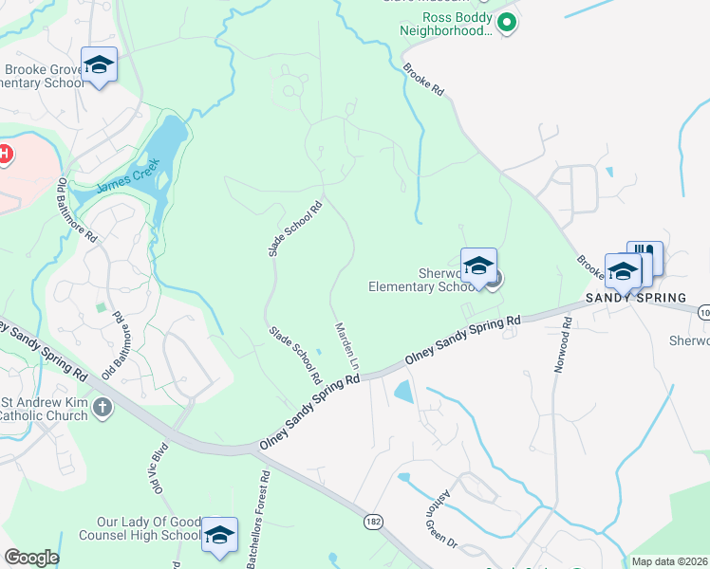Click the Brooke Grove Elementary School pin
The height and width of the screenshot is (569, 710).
(99, 65)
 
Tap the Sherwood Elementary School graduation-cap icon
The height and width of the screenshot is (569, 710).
(478, 266)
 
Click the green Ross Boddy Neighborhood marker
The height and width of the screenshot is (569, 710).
(507, 22)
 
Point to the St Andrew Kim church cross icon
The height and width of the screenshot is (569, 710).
(103, 407)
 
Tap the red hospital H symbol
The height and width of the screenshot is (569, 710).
(4, 153)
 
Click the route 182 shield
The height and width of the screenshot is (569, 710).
(372, 523)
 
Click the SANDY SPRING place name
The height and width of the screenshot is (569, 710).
(635, 298)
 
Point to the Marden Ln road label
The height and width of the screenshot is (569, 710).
(346, 346)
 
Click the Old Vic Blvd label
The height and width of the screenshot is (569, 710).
(158, 468)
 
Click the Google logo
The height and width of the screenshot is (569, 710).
(30, 558)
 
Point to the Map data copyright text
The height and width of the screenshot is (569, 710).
(668, 561)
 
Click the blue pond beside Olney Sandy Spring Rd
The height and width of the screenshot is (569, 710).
(402, 391)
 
